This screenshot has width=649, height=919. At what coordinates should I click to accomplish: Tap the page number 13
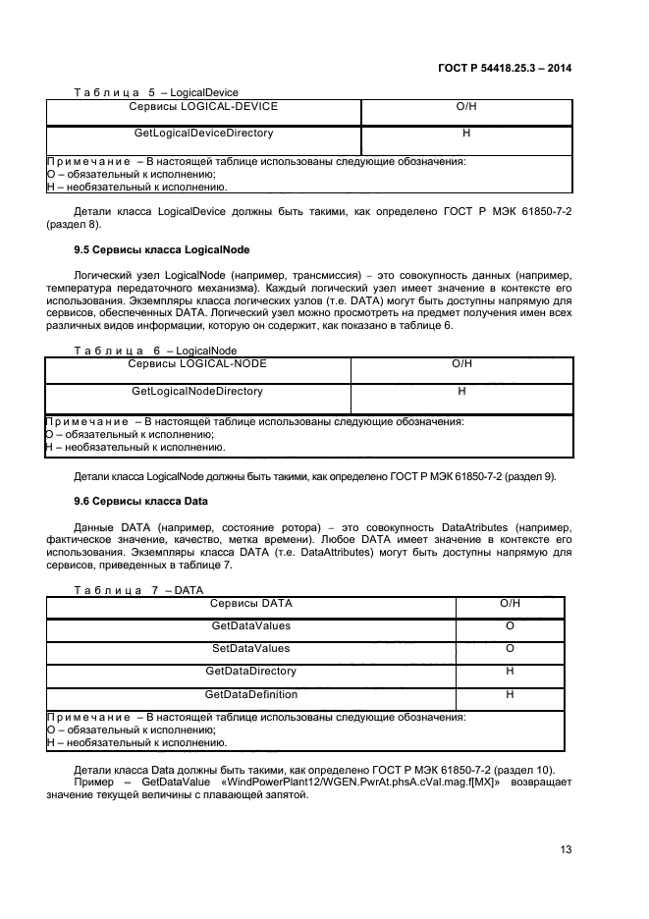[565, 850]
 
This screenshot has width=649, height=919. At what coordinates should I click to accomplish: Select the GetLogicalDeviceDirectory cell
[203, 132]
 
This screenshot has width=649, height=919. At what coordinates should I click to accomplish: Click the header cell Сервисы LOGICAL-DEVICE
[203, 106]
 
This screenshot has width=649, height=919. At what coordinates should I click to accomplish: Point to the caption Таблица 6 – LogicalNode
[155, 351]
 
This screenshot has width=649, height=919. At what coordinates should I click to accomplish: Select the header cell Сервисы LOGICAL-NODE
[197, 364]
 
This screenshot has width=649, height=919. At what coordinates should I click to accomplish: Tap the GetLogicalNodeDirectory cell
[197, 391]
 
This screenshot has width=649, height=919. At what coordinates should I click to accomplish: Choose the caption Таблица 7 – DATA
[138, 590]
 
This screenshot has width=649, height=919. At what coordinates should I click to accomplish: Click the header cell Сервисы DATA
[250, 604]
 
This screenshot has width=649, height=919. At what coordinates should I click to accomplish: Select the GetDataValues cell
[250, 626]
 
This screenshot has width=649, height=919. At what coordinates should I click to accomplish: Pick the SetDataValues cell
[250, 649]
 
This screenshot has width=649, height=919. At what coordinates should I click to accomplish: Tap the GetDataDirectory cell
[250, 672]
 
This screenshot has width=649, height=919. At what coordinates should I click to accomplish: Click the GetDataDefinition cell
[250, 694]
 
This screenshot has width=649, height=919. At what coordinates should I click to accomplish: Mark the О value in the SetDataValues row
[510, 649]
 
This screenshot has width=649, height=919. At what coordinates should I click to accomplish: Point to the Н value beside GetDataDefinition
[510, 694]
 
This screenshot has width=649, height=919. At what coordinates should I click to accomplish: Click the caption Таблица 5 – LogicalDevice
[156, 92]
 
